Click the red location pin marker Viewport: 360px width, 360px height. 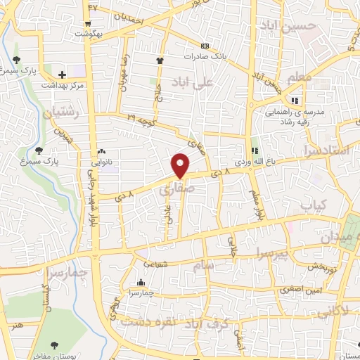point(181,165)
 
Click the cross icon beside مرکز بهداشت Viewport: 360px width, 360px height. point(63,74)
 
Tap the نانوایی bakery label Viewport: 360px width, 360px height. point(84,150)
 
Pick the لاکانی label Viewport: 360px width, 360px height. point(334,310)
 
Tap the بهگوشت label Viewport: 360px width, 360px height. point(108,33)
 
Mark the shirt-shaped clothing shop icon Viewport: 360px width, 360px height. point(160,60)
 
